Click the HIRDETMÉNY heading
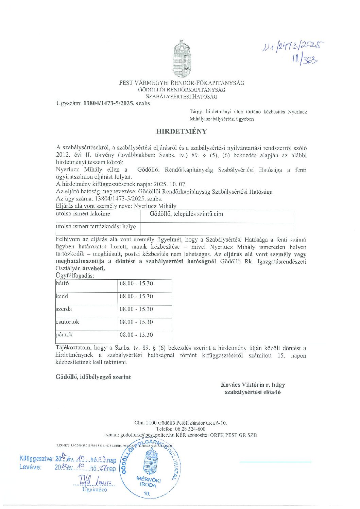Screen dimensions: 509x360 (181, 131)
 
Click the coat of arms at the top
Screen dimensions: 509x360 (182, 59)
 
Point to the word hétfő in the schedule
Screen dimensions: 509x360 (62, 283)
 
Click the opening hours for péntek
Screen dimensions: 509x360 (136, 335)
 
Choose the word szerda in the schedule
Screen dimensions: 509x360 (64, 309)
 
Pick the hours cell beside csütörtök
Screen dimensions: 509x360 (136, 322)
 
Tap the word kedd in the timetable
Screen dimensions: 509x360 (62, 296)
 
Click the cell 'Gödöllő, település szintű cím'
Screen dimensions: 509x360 (186, 214)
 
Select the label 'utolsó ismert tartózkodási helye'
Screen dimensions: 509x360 (96, 227)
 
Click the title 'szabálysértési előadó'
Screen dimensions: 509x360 (253, 392)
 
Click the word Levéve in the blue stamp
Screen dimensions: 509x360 (30, 467)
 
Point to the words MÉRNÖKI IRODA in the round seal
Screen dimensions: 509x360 (149, 482)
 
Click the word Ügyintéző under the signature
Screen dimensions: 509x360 (95, 490)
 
